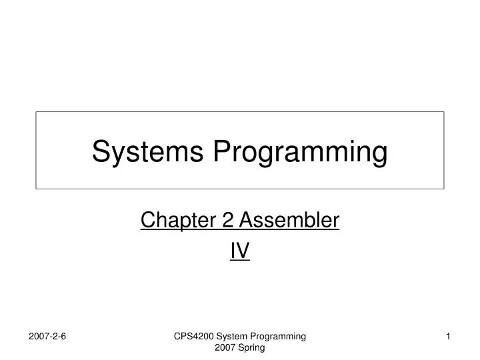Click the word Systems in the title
pyautogui.click(x=148, y=152)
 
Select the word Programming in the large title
pyautogui.click(x=300, y=152)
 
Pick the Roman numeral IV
pyautogui.click(x=240, y=250)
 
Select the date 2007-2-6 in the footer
pyautogui.click(x=47, y=338)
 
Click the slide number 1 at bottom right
pyautogui.click(x=449, y=338)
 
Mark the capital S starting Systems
pyautogui.click(x=100, y=152)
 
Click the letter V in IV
pyautogui.click(x=243, y=250)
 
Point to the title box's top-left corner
pyautogui.click(x=36, y=112)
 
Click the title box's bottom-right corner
pyautogui.click(x=444, y=189)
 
